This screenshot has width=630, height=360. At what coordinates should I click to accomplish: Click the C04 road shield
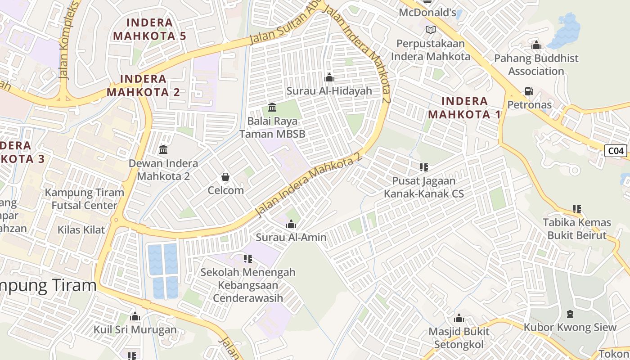[x=615, y=151]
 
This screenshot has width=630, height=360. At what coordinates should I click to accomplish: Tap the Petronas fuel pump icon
[x=529, y=91]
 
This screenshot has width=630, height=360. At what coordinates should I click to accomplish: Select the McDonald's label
[x=427, y=13]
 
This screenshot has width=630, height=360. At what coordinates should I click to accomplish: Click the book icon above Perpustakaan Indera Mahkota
[x=431, y=30]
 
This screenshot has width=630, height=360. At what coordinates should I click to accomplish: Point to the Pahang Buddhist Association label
[x=536, y=65]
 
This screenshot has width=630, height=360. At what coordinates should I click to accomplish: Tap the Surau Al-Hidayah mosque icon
[x=329, y=78]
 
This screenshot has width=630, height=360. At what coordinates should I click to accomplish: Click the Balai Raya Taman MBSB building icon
[x=272, y=108]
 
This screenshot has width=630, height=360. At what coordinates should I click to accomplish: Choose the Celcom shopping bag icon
[x=225, y=177]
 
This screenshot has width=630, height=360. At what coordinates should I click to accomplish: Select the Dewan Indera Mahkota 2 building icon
[x=163, y=149]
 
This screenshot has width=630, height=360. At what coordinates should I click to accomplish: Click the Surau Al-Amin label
[x=291, y=237]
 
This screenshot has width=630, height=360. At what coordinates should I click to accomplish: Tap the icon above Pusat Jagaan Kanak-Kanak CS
[x=423, y=167]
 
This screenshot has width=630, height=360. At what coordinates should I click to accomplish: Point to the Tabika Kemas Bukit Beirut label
[x=577, y=229]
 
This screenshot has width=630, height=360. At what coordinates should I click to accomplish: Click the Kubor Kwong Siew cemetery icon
[x=570, y=314]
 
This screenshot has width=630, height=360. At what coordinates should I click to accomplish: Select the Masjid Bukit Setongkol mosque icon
[x=459, y=319]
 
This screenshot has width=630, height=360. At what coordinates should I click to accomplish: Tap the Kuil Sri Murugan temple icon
[x=135, y=316]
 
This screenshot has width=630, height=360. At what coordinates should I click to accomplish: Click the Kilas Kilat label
[x=81, y=230]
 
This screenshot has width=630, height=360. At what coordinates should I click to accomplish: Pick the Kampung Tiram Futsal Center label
[x=84, y=199]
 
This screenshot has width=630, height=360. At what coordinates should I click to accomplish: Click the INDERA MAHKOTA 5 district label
[x=149, y=29]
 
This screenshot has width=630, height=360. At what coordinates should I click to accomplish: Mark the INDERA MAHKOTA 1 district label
[x=464, y=108]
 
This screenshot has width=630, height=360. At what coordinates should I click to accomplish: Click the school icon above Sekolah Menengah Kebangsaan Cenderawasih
[x=247, y=259]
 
